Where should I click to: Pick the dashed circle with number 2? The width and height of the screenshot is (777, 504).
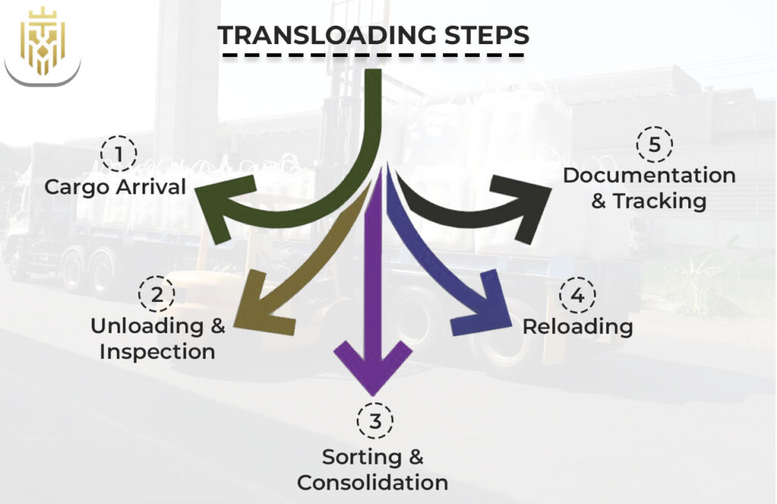coord(156,295)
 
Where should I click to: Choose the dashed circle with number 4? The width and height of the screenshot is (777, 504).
coord(577,295)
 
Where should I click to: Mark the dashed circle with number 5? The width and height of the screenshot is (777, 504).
coord(654,144)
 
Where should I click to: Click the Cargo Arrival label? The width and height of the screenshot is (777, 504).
coord(115,187)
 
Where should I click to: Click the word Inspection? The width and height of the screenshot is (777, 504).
coord(158,352)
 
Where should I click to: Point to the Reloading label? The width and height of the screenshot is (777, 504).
coord(578,326)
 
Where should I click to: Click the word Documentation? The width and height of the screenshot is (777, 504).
coord(650,175)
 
